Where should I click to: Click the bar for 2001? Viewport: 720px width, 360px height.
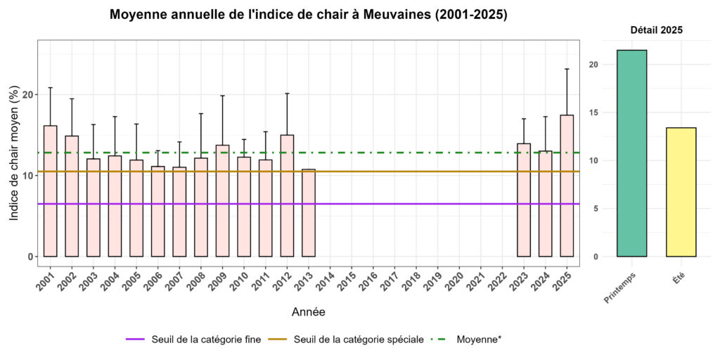click(51, 191)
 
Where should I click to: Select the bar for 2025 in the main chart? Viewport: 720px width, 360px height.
click(567, 186)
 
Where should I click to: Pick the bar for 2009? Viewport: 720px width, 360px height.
click(222, 200)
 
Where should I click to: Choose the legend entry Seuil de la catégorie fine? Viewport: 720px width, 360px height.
click(194, 339)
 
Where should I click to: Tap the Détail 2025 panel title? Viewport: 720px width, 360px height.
click(655, 30)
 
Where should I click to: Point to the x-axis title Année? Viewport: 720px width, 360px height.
click(308, 310)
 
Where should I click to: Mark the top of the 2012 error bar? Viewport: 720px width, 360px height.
click(287, 94)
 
